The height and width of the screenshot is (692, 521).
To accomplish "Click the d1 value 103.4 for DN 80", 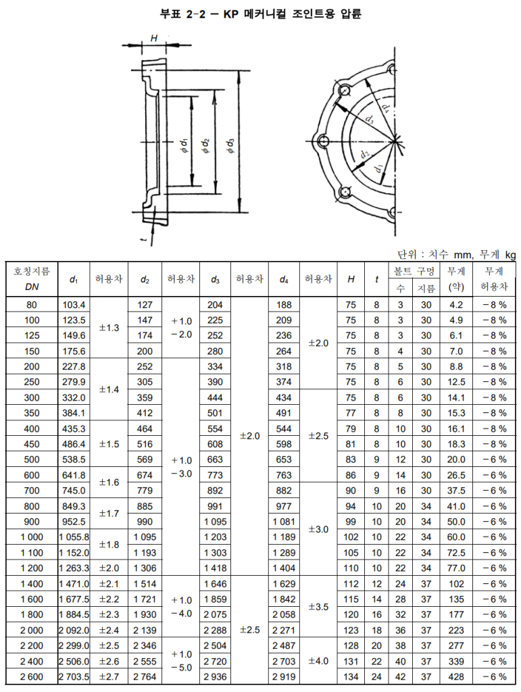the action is click(x=74, y=305).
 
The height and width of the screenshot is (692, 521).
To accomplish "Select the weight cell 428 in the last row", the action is click(x=456, y=676).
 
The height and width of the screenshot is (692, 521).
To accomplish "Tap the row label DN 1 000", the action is click(x=31, y=537).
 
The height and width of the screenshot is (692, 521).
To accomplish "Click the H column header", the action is click(x=351, y=279).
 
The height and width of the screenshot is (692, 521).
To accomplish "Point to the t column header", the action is click(x=376, y=279).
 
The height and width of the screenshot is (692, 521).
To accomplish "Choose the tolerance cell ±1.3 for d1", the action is click(x=109, y=328).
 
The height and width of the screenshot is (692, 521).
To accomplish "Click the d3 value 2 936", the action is click(x=215, y=676).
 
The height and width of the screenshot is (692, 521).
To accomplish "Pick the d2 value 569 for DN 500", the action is click(x=145, y=460).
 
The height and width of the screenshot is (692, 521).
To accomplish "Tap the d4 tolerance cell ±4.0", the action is click(x=318, y=661).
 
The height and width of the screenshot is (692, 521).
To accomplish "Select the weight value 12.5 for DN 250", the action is click(x=456, y=382).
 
